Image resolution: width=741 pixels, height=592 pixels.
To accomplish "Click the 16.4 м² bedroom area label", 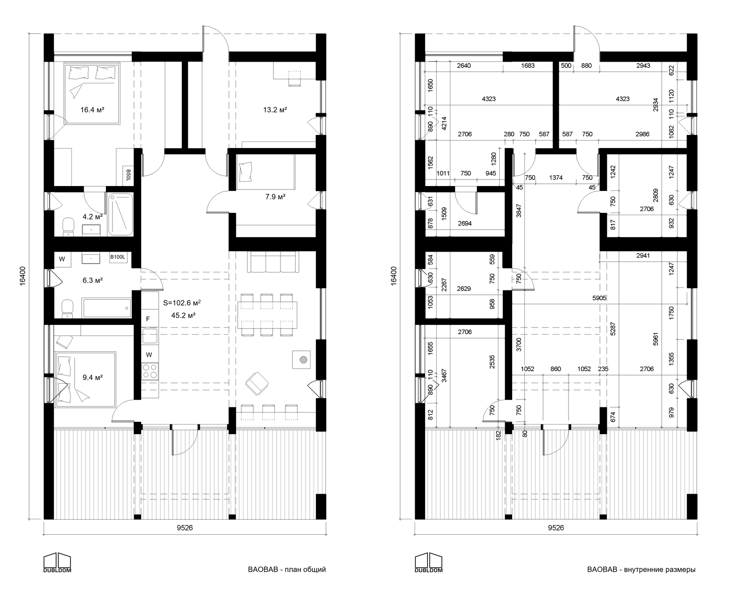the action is click(x=92, y=110).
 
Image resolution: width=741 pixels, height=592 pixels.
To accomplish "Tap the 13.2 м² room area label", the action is click(x=275, y=110).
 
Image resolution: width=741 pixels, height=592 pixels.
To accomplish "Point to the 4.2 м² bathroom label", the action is click(x=93, y=216).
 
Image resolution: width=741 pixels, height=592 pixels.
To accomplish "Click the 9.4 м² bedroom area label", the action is click(x=93, y=377).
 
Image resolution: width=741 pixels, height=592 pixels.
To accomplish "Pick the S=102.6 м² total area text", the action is click(x=182, y=303).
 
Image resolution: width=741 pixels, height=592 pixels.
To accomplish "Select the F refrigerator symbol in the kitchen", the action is click(x=148, y=319).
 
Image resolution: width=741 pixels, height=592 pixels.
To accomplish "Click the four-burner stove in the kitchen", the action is click(x=150, y=371).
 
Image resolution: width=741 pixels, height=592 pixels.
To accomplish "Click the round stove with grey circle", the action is click(x=303, y=360).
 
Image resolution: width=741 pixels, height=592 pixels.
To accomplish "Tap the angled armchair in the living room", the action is click(x=257, y=383).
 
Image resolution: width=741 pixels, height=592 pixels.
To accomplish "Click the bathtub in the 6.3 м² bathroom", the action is click(x=107, y=307).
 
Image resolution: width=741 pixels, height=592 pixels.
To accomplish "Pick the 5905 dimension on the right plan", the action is click(x=599, y=298).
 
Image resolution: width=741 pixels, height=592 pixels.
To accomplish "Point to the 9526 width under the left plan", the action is click(x=184, y=528).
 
